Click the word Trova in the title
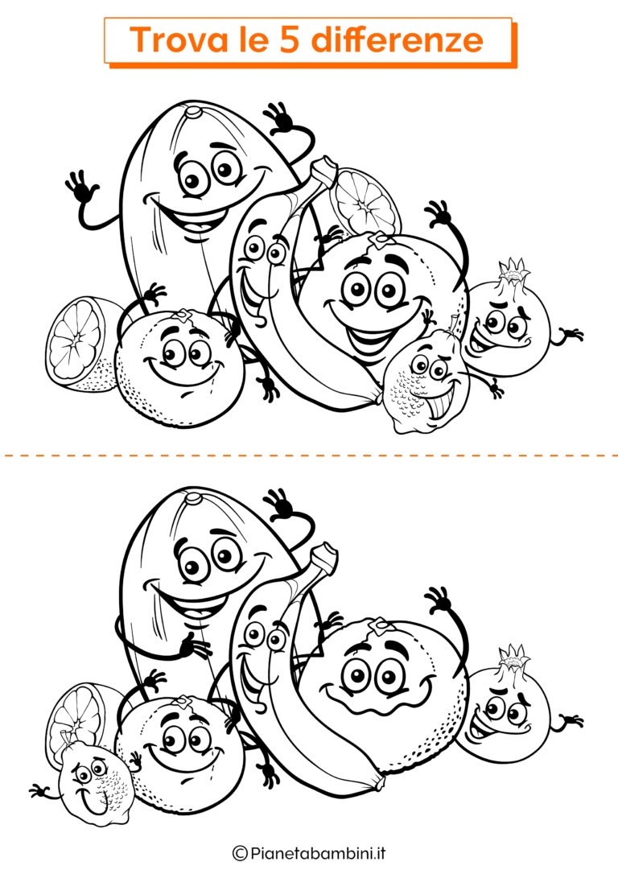coord(173,39)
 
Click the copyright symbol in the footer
coord(239,852)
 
